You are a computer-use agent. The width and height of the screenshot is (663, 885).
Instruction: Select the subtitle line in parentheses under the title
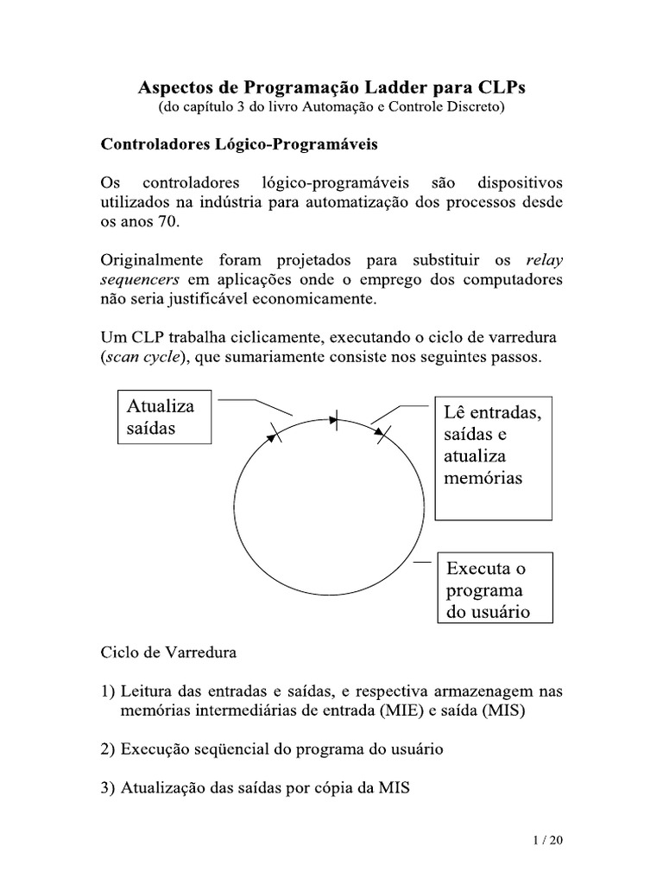pyautogui.click(x=331, y=108)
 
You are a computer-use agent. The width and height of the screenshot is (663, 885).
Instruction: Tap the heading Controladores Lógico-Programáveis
pyautogui.click(x=240, y=144)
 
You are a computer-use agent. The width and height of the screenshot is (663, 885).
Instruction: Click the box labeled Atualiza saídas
pyautogui.click(x=163, y=417)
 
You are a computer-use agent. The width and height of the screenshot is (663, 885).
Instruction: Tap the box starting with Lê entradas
pyautogui.click(x=493, y=460)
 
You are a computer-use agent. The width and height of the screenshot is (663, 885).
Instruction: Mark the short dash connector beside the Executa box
pyautogui.click(x=422, y=563)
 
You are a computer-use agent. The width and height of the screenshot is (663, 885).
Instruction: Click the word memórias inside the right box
pyautogui.click(x=483, y=478)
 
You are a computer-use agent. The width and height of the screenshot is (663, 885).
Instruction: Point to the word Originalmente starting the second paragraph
pyautogui.click(x=153, y=259)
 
